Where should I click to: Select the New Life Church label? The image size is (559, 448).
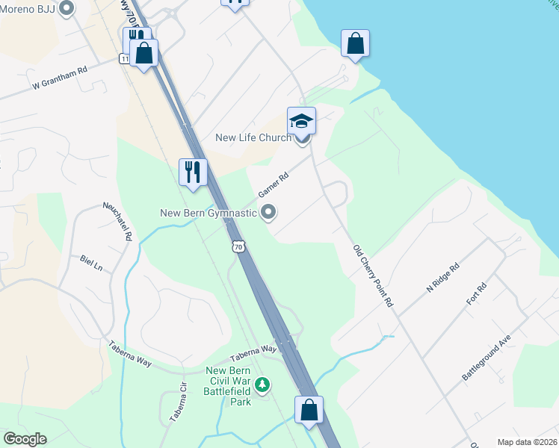click(253, 137)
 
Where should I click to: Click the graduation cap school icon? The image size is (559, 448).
click(302, 120)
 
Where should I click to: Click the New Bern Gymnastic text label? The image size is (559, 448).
click(209, 214)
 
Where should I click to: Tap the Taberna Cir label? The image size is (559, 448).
click(177, 404)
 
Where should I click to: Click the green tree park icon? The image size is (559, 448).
click(262, 385)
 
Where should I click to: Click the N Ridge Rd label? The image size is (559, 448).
click(442, 278)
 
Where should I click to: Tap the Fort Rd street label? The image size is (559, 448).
click(476, 292)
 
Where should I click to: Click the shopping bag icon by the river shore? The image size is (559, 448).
click(356, 43)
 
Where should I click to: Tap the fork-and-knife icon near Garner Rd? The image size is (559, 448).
click(192, 172)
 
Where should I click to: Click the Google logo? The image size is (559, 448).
click(25, 439)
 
